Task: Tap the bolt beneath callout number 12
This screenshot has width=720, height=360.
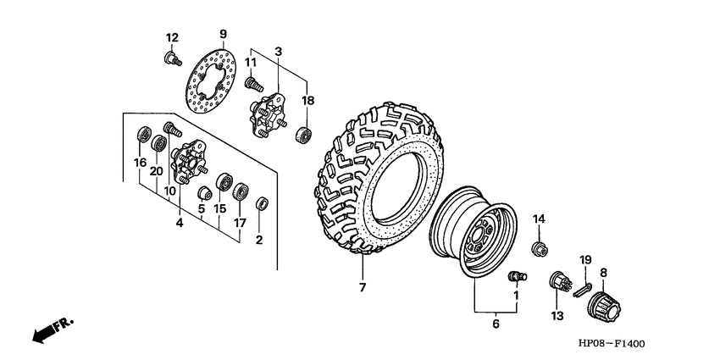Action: coord(173,58)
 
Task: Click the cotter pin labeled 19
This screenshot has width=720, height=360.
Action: coord(582,286)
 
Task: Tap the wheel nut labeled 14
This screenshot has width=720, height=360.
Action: coord(538,248)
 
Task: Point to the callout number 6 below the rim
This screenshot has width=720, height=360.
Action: coord(496,323)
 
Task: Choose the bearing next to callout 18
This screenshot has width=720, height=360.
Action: coord(302,135)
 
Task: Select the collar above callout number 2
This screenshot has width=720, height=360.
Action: coord(263,203)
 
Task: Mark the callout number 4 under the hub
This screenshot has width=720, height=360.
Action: coord(180,224)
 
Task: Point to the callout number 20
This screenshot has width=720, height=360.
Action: coord(156,170)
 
